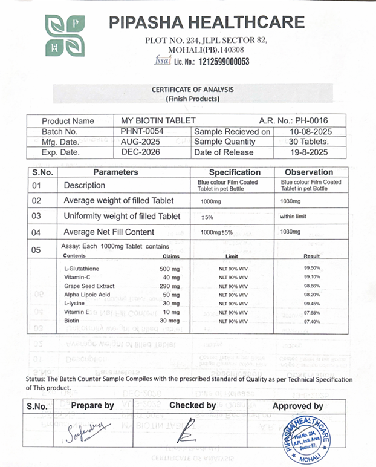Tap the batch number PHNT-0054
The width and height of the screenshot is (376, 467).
point(142,131)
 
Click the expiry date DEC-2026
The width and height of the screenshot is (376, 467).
point(140,152)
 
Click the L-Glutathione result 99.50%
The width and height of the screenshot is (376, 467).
point(311,267)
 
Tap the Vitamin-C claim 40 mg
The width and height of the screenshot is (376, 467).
point(171,276)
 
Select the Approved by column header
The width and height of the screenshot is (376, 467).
point(297,406)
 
